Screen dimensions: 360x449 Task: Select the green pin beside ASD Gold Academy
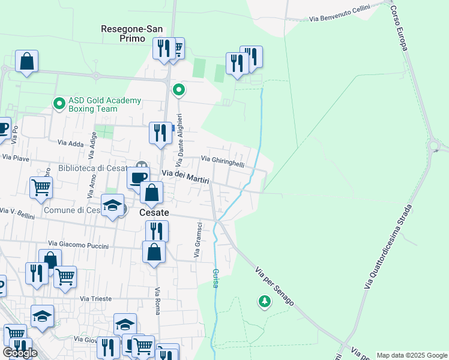59,104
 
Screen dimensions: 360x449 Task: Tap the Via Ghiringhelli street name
223,160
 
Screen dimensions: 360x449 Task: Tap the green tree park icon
264,301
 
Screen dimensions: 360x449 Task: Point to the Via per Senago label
274,287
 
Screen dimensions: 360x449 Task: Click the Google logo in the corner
20,353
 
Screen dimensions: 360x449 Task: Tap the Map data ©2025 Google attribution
412,355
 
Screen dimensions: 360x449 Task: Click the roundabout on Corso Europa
433,145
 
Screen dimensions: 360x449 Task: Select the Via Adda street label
70,143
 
